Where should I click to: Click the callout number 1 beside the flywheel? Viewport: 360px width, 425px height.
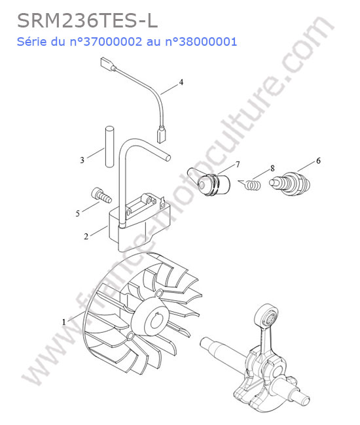[64, 322]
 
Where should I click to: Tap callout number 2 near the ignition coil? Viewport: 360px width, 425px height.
[86, 236]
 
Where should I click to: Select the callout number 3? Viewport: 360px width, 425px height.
[82, 160]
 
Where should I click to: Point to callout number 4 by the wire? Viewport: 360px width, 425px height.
[181, 82]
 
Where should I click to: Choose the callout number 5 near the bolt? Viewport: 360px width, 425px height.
[78, 214]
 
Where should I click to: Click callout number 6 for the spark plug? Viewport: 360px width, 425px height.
[318, 161]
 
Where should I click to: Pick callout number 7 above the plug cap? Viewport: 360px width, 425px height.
[238, 165]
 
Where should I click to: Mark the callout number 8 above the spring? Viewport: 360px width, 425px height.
[272, 168]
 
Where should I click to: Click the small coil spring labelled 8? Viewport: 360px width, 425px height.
[252, 184]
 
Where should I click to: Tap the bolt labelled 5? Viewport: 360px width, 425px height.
[101, 195]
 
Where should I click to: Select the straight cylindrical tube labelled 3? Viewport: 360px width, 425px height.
[109, 146]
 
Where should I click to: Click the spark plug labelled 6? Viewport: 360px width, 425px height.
[290, 184]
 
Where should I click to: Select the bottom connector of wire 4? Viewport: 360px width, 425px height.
[160, 134]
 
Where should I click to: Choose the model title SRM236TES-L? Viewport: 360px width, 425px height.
[87, 21]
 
